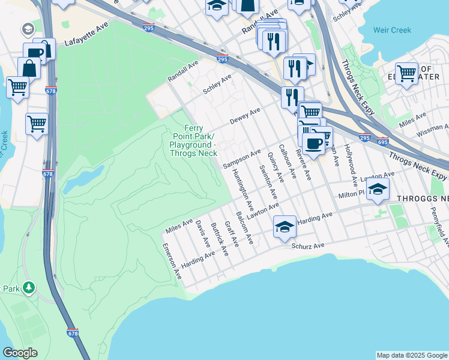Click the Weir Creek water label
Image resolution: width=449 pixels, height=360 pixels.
(x=392, y=30)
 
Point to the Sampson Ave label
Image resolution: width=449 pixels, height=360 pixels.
(x=241, y=158)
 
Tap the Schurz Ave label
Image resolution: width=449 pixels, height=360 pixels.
(x=307, y=246)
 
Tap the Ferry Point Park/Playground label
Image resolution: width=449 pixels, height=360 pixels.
(x=193, y=141)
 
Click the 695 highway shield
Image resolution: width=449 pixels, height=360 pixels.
(x=383, y=142)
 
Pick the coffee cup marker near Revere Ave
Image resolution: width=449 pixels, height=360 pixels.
(x=313, y=143)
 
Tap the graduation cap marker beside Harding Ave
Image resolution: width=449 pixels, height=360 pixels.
(x=285, y=227)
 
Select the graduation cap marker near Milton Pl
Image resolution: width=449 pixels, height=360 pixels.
(x=377, y=190)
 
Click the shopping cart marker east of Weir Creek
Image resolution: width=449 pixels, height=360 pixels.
(x=406, y=73)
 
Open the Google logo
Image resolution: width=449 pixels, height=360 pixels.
(x=20, y=353)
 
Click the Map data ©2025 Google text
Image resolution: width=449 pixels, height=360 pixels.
(x=412, y=355)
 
